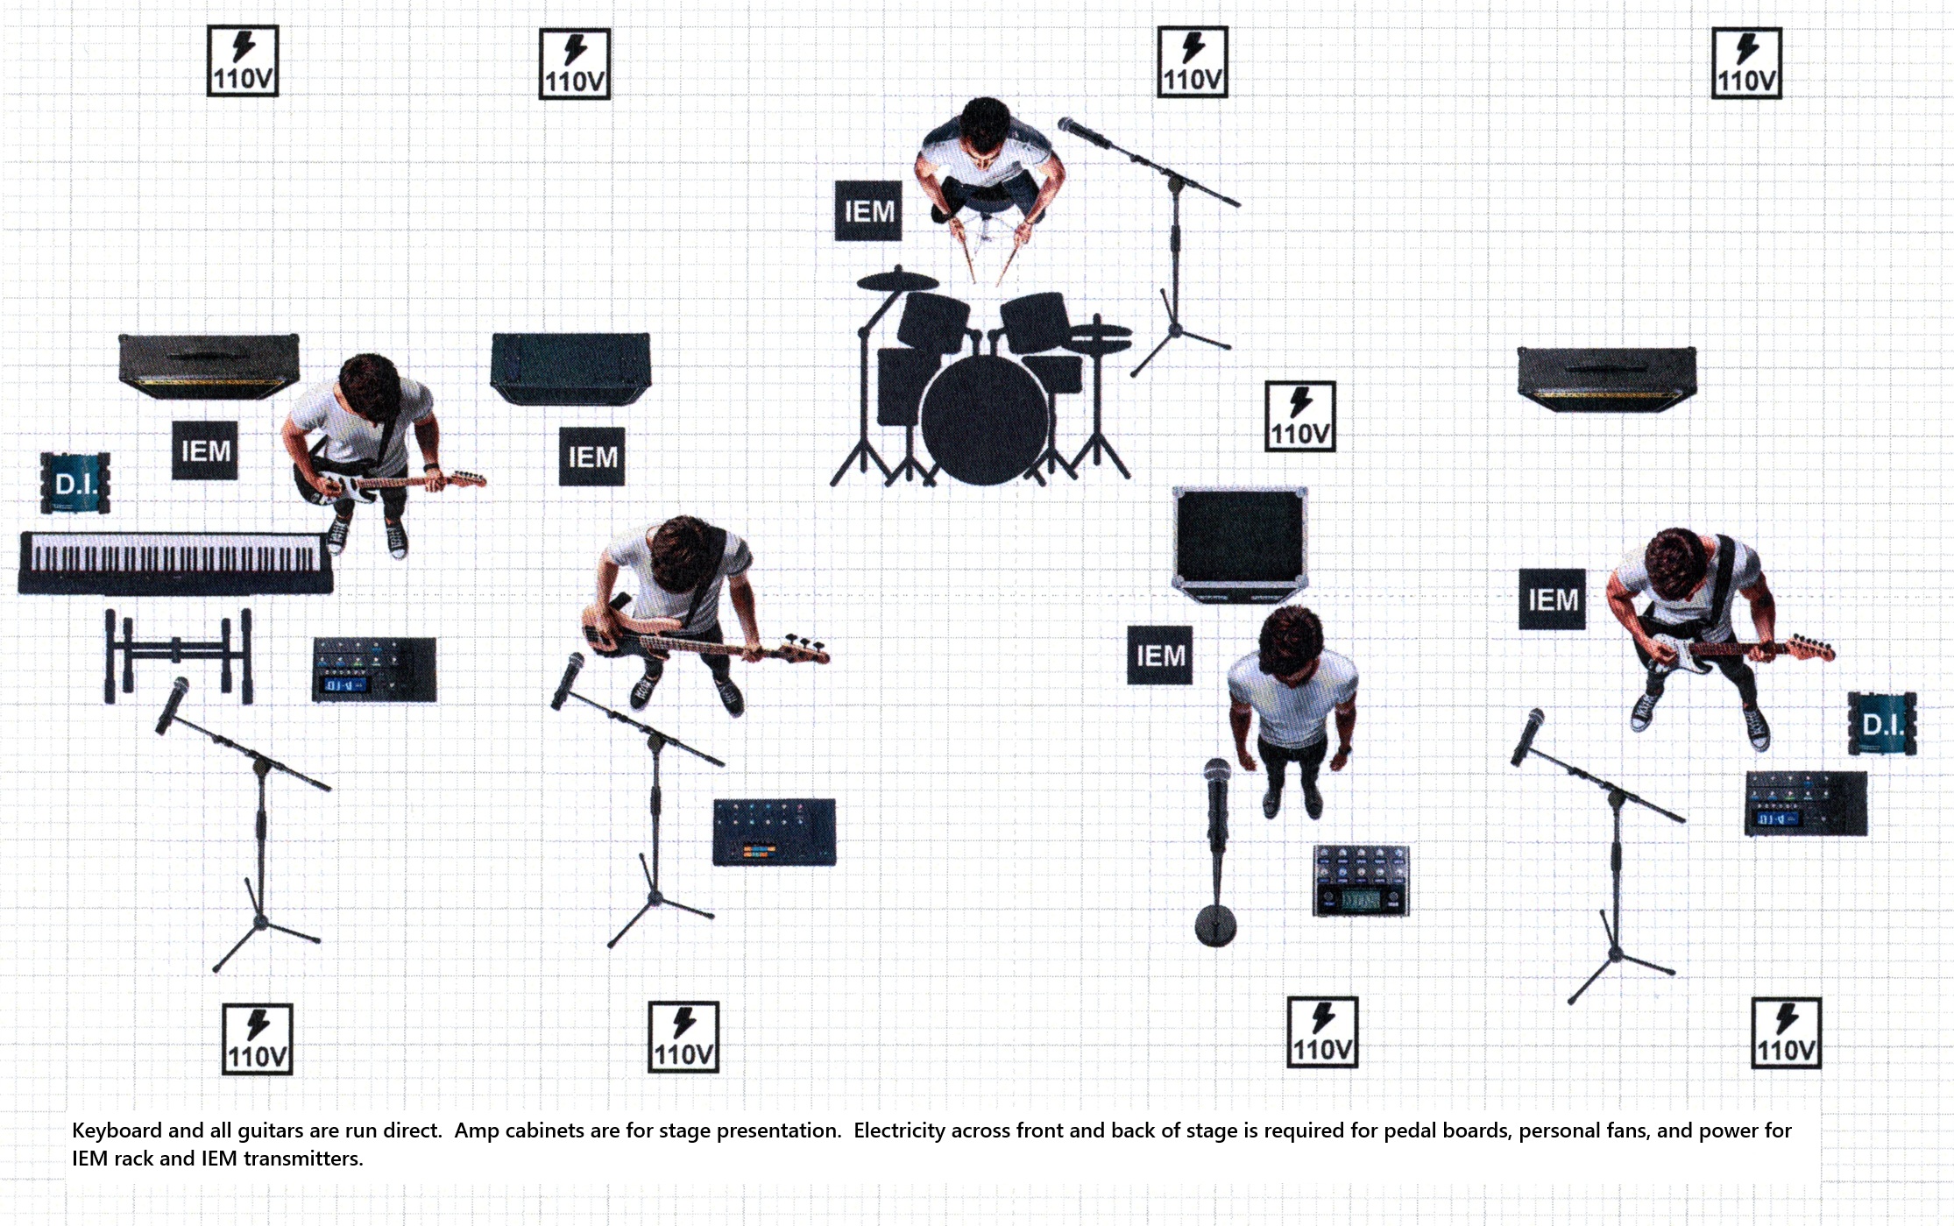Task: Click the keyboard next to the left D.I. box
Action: (176, 563)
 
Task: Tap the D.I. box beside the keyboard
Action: (75, 483)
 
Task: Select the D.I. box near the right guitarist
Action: (1882, 724)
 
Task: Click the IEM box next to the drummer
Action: (868, 211)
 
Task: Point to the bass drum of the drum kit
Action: (984, 419)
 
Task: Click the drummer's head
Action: (986, 128)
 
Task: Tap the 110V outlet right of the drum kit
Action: (1300, 416)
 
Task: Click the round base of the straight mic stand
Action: (1215, 925)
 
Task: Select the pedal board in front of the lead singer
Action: (1361, 881)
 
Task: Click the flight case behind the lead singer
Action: (1240, 543)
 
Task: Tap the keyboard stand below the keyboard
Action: (179, 656)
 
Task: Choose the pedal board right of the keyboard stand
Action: (374, 670)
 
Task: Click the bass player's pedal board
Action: (775, 833)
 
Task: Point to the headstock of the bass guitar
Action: (807, 650)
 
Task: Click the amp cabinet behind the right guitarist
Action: (1606, 379)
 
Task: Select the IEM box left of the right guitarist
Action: (1552, 599)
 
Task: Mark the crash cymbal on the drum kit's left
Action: (897, 281)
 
